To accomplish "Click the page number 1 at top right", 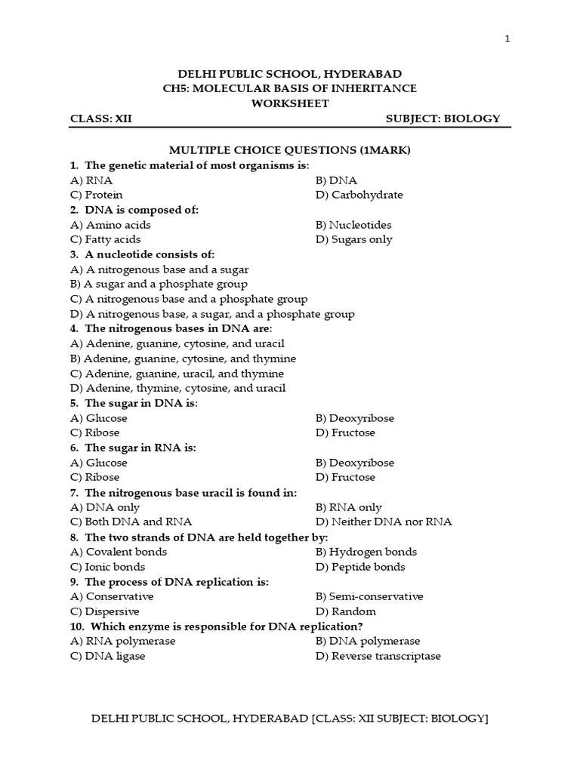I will [x=507, y=39].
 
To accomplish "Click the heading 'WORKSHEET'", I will [x=290, y=103].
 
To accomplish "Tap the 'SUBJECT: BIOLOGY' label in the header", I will [x=443, y=119].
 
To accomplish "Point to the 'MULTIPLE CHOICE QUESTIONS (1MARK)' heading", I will [x=290, y=150].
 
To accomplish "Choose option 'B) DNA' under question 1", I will [x=337, y=180].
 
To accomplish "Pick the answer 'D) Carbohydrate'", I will [x=359, y=195].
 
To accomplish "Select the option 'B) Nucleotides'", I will [x=354, y=225].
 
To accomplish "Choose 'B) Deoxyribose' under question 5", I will [x=355, y=418].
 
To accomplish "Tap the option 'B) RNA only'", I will [x=349, y=507].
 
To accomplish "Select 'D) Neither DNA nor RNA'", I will [x=384, y=522].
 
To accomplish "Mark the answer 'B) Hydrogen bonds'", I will [x=366, y=552].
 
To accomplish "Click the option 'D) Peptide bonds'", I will [x=360, y=567].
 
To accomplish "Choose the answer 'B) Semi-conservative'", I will [x=369, y=596].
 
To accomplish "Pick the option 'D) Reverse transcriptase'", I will [x=378, y=656].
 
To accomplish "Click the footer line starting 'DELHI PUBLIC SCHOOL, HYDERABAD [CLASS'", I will [x=290, y=719].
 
